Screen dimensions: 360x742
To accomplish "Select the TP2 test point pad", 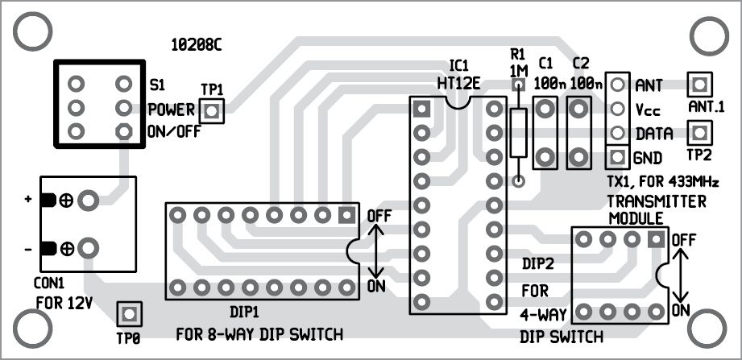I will coord(698,131).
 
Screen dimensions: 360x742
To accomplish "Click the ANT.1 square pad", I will coord(698,84).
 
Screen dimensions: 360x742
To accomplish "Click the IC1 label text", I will coord(459,64).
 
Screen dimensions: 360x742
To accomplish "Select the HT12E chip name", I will coord(459,81).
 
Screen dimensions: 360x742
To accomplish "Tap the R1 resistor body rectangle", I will coord(519,133).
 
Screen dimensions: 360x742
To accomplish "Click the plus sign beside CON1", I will coord(28,199).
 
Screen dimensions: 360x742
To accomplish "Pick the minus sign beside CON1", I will coord(28,250).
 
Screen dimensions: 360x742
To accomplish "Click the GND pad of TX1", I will coord(617,155).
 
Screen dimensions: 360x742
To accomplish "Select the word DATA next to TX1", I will coord(654,133).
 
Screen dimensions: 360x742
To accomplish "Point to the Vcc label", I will coord(649,109).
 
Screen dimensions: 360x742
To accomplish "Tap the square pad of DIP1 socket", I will coord(347,215).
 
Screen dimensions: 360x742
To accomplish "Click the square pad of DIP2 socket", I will coord(657,238).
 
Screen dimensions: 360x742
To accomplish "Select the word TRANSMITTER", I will coord(657,201).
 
